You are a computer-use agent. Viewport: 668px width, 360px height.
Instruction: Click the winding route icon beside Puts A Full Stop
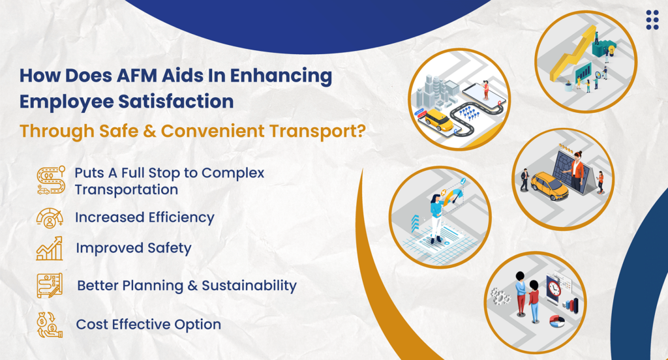(50, 181)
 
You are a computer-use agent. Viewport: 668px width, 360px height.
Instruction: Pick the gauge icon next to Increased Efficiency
(50, 217)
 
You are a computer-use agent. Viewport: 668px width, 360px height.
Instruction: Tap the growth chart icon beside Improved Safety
(50, 248)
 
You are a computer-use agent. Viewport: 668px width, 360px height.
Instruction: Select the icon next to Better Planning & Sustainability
(50, 286)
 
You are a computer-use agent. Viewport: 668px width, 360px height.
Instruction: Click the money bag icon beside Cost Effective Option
(50, 324)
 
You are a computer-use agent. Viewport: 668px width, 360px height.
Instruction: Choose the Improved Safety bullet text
(133, 248)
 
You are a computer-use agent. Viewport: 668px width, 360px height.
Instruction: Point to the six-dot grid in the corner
(652, 20)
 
